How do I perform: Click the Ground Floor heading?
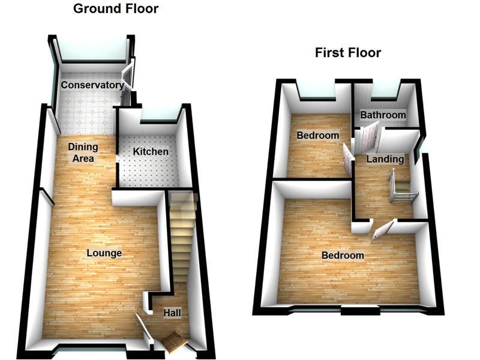pos(116,9)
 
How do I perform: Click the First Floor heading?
pos(348,53)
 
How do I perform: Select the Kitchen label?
pos(151,151)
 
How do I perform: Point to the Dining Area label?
pos(83,152)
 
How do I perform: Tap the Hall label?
pos(172,313)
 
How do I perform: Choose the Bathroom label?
pos(383,115)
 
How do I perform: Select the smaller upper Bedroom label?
pos(318,136)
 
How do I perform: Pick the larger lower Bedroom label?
pos(343,256)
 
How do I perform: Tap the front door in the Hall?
pos(173,342)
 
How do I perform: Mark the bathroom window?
pos(385,91)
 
